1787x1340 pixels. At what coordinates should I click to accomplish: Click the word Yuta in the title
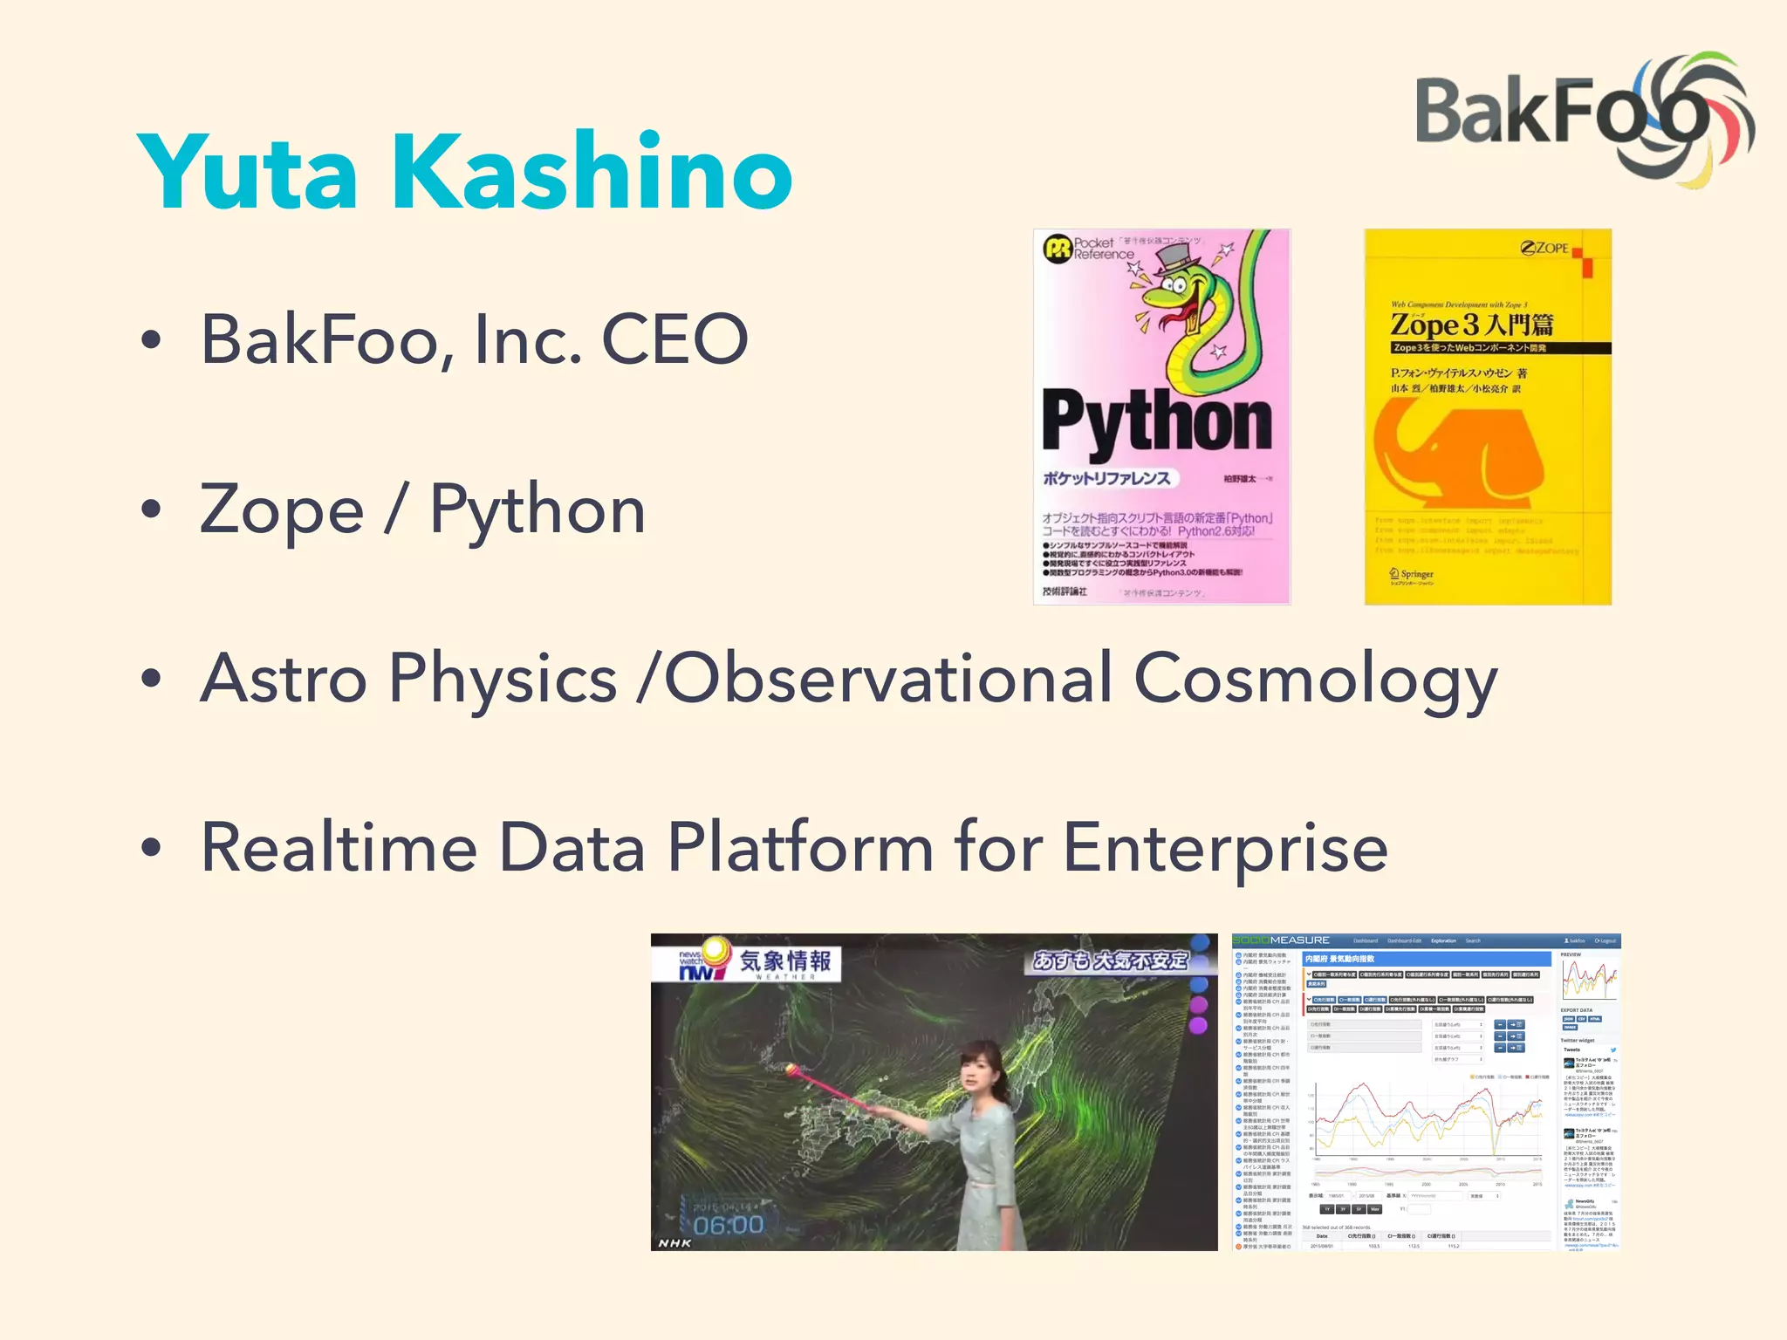248,172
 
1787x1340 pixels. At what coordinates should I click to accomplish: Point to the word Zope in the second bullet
282,510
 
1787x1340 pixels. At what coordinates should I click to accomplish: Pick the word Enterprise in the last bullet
1225,848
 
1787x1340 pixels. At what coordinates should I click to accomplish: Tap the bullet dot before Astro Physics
151,680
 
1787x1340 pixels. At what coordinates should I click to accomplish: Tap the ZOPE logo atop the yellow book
1544,248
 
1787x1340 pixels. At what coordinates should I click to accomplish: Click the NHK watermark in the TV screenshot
674,1242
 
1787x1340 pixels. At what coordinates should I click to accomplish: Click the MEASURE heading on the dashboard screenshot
1299,940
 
